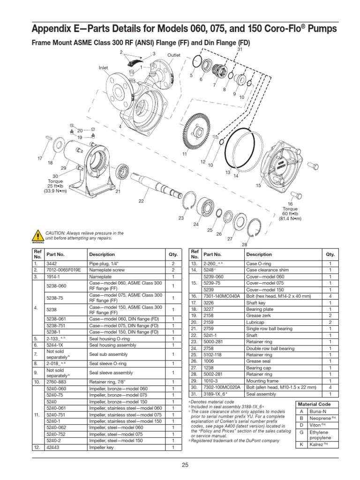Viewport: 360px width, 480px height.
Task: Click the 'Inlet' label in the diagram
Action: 103,67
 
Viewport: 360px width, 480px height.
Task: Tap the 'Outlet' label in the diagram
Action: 174,55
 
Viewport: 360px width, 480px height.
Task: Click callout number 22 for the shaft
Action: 141,201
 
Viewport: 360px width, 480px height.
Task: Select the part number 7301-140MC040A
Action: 221,296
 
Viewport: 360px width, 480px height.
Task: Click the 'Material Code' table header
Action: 314,404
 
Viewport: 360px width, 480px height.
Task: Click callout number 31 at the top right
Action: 240,49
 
